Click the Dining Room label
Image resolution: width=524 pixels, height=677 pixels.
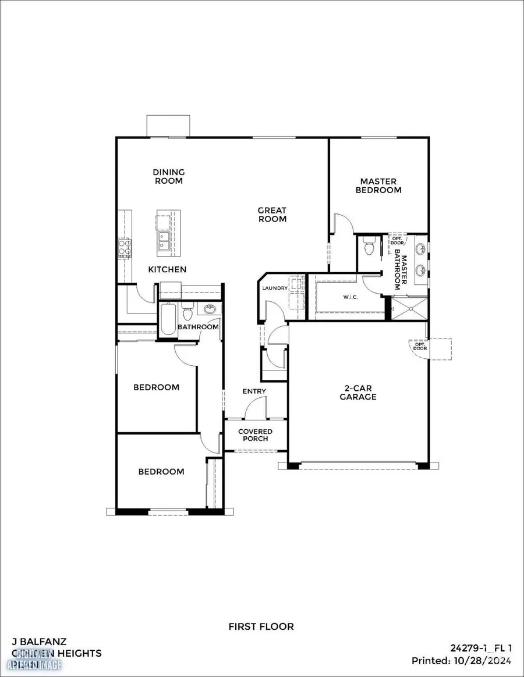click(x=168, y=176)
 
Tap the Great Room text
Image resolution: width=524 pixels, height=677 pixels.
click(x=272, y=215)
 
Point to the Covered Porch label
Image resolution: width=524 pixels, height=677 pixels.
click(x=255, y=435)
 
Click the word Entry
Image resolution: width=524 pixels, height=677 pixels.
click(x=254, y=391)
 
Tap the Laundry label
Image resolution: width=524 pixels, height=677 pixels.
click(x=275, y=288)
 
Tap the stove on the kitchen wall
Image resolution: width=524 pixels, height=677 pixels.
click(x=123, y=248)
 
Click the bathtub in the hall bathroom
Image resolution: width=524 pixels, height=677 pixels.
click(x=168, y=320)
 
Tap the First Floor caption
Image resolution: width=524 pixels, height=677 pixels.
click(x=261, y=626)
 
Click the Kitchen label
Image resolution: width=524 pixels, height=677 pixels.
click(x=167, y=269)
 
